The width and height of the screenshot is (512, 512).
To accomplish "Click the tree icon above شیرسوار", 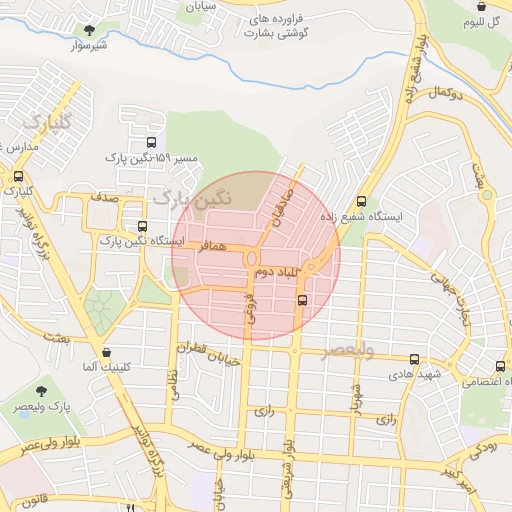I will (91, 29).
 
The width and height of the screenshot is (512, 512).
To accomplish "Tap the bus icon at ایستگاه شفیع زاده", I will (361, 199).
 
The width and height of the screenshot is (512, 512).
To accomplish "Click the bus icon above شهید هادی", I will (414, 359).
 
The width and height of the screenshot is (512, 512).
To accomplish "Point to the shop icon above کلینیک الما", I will (106, 352).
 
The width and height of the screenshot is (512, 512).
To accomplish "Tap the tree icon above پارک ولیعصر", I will (41, 391).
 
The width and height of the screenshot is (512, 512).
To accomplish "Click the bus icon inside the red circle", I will (303, 298).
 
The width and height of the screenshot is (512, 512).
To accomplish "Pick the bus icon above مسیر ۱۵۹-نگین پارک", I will (151, 142).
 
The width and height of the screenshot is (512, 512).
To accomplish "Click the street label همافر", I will (213, 245).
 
